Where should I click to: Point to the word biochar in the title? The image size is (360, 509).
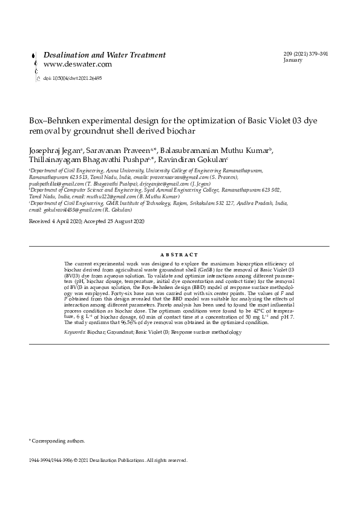[182, 130]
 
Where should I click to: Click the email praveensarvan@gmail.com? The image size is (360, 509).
[183, 180]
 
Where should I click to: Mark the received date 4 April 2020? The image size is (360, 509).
[62, 222]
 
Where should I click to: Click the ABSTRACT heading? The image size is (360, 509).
[180, 255]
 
